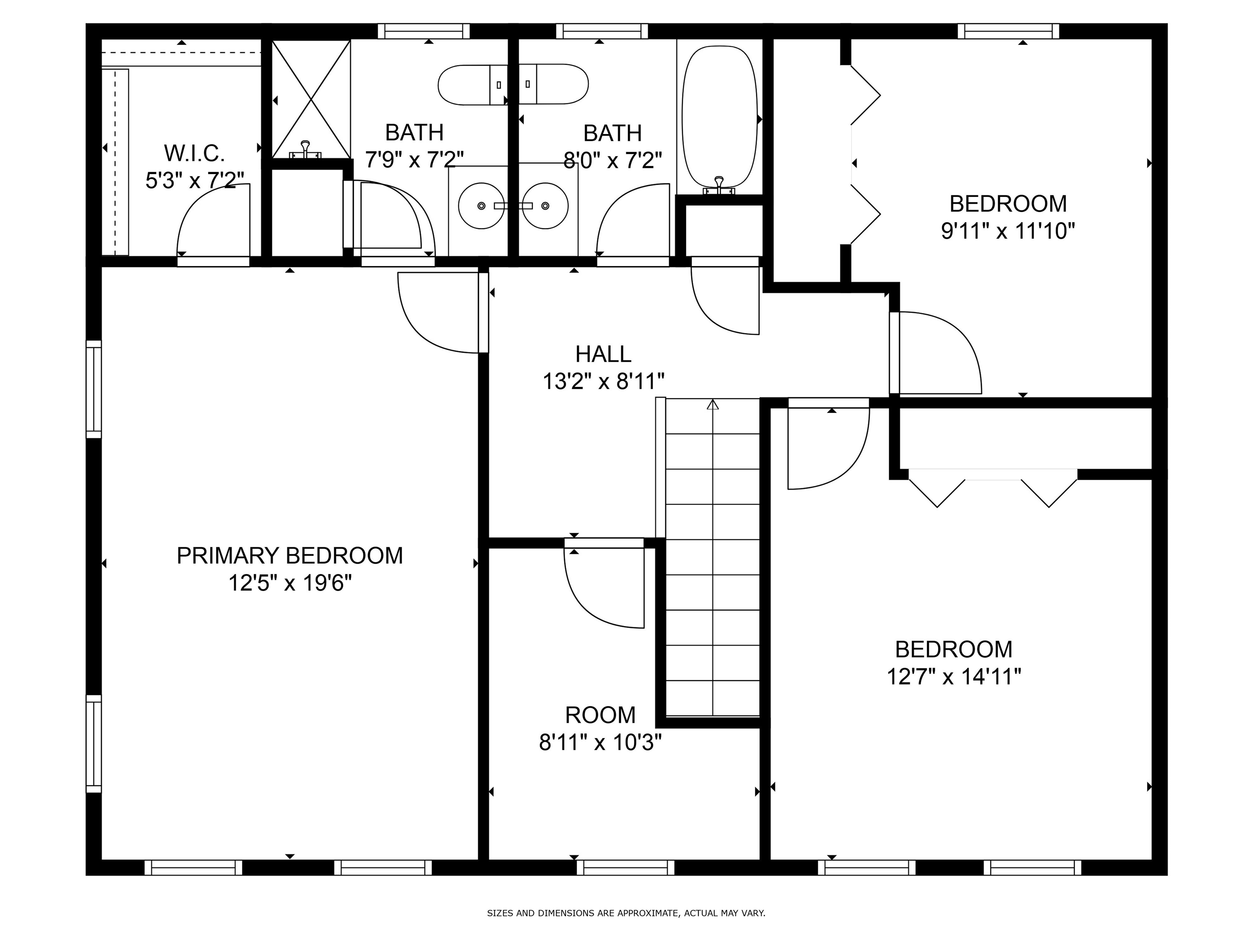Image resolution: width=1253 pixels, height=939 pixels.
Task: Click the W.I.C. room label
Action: pyautogui.click(x=194, y=153)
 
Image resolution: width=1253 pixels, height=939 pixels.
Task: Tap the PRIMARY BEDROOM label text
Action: pyautogui.click(x=290, y=556)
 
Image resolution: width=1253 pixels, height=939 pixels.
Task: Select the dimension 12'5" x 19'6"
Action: pyautogui.click(x=290, y=583)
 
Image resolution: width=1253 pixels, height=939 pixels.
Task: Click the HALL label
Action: pyautogui.click(x=603, y=354)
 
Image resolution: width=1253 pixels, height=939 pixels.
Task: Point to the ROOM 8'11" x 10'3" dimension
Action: pyautogui.click(x=600, y=742)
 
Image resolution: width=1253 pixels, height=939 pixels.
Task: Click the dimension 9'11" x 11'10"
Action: pyautogui.click(x=1008, y=231)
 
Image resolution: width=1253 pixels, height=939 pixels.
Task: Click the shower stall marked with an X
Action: pyautogui.click(x=311, y=99)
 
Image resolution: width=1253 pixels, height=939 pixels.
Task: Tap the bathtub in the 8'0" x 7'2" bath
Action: pyautogui.click(x=719, y=116)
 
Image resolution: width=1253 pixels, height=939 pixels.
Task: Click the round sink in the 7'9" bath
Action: pyautogui.click(x=481, y=205)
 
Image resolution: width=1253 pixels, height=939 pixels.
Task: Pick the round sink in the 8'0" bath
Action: pyautogui.click(x=545, y=205)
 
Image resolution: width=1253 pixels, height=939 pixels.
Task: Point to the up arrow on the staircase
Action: pyautogui.click(x=713, y=405)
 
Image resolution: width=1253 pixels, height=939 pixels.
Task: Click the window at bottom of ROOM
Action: pyautogui.click(x=625, y=868)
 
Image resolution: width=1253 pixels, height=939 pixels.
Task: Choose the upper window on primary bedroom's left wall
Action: pyautogui.click(x=93, y=389)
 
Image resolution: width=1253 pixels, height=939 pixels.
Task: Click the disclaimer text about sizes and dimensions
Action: pyautogui.click(x=626, y=913)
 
